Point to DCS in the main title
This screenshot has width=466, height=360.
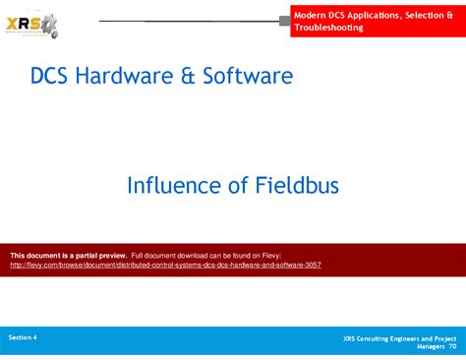[x=49, y=75]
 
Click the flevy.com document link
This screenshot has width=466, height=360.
[x=165, y=266]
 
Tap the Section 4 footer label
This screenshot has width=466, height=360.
[x=23, y=336]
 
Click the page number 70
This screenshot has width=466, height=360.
[x=452, y=347]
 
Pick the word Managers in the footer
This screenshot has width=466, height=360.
[x=430, y=347]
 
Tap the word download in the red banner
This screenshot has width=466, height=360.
[x=202, y=256]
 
